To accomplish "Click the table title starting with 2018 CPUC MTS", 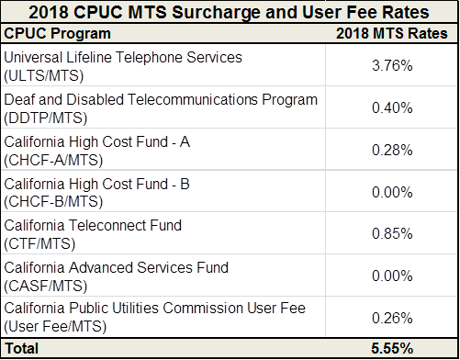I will (230, 13).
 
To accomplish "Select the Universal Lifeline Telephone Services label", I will (123, 57).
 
